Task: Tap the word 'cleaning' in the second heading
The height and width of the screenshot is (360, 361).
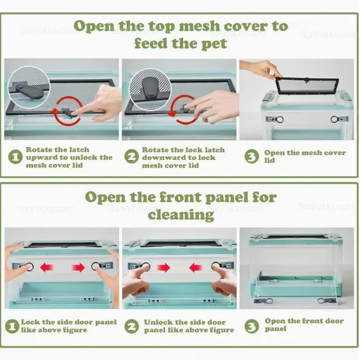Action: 181,215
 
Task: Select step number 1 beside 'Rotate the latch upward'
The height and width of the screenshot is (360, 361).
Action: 15,157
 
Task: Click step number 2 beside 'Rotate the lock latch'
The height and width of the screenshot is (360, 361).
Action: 131,156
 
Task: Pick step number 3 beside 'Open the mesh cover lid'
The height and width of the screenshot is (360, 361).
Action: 252,156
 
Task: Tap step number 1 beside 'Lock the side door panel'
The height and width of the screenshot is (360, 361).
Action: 12,326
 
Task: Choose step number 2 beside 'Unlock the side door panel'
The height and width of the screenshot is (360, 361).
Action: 131,326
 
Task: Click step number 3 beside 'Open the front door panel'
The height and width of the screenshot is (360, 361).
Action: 252,326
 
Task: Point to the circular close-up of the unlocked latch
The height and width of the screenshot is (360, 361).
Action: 29,87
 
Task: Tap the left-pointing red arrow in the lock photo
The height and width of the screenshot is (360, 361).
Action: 47,267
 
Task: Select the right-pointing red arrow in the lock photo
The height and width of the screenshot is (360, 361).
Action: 78,267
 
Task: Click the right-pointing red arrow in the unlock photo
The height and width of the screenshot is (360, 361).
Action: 163,267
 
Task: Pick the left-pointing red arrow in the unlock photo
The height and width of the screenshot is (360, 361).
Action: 196,267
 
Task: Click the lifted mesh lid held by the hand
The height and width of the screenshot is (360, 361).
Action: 307,86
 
